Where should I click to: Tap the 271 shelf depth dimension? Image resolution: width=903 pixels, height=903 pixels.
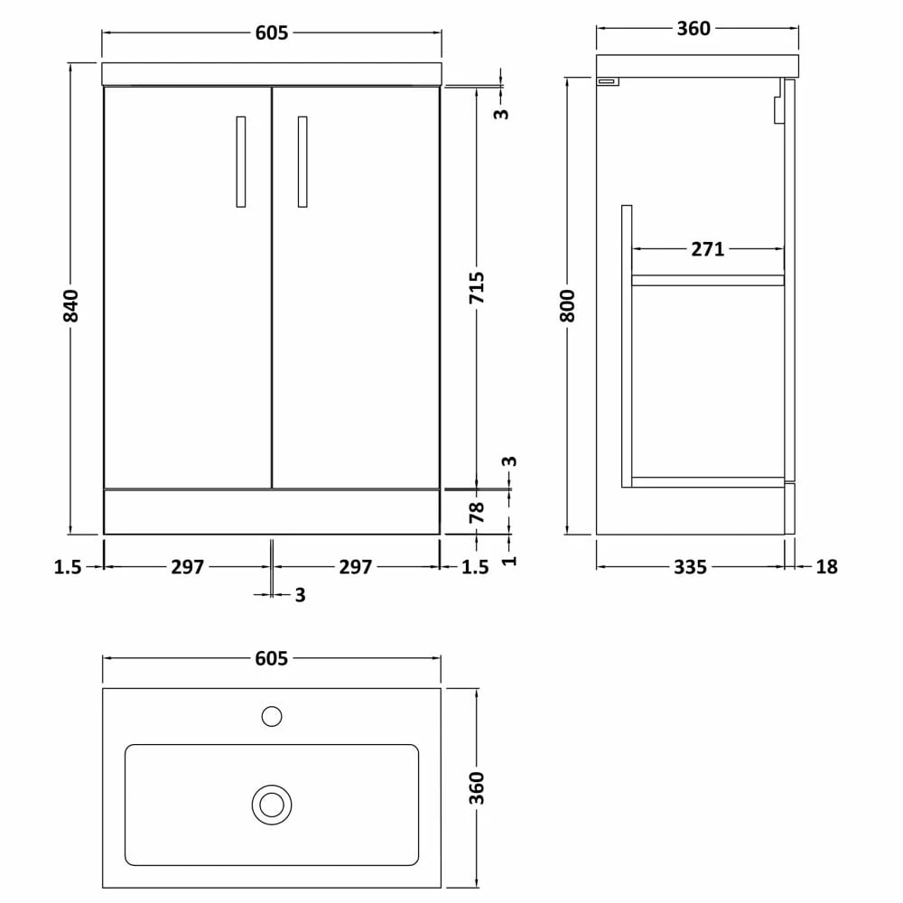coord(708,249)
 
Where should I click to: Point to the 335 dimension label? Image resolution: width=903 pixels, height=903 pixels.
coord(690,567)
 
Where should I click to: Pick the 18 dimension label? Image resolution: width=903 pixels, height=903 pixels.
coord(826,567)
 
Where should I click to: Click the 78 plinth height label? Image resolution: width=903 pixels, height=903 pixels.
coord(478,513)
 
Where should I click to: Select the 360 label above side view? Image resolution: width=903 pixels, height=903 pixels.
coord(694,29)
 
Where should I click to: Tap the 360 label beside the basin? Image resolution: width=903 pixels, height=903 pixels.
coord(478,788)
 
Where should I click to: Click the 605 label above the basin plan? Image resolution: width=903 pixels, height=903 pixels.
coord(271,659)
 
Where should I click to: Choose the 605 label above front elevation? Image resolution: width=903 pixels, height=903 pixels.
coord(271,33)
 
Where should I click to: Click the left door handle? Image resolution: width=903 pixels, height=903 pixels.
coord(240,162)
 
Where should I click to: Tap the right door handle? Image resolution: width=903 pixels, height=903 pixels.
coord(302,162)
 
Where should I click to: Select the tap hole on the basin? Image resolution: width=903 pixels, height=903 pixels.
coord(271,717)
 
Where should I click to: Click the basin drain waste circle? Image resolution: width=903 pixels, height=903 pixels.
coord(271,804)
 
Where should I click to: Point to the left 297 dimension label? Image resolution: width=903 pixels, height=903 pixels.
coord(188,567)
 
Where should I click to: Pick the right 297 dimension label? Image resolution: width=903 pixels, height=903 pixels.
coord(356,567)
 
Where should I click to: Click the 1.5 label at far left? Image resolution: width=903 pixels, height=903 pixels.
coord(68,567)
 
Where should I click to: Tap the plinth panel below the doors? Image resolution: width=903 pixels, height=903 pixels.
coord(271,511)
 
